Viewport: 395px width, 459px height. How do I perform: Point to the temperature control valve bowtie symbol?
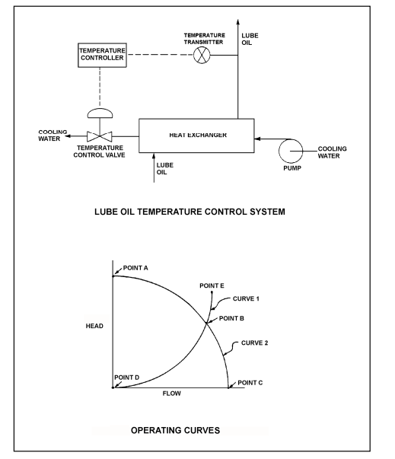98,135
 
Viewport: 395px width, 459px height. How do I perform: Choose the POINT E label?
213,285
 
